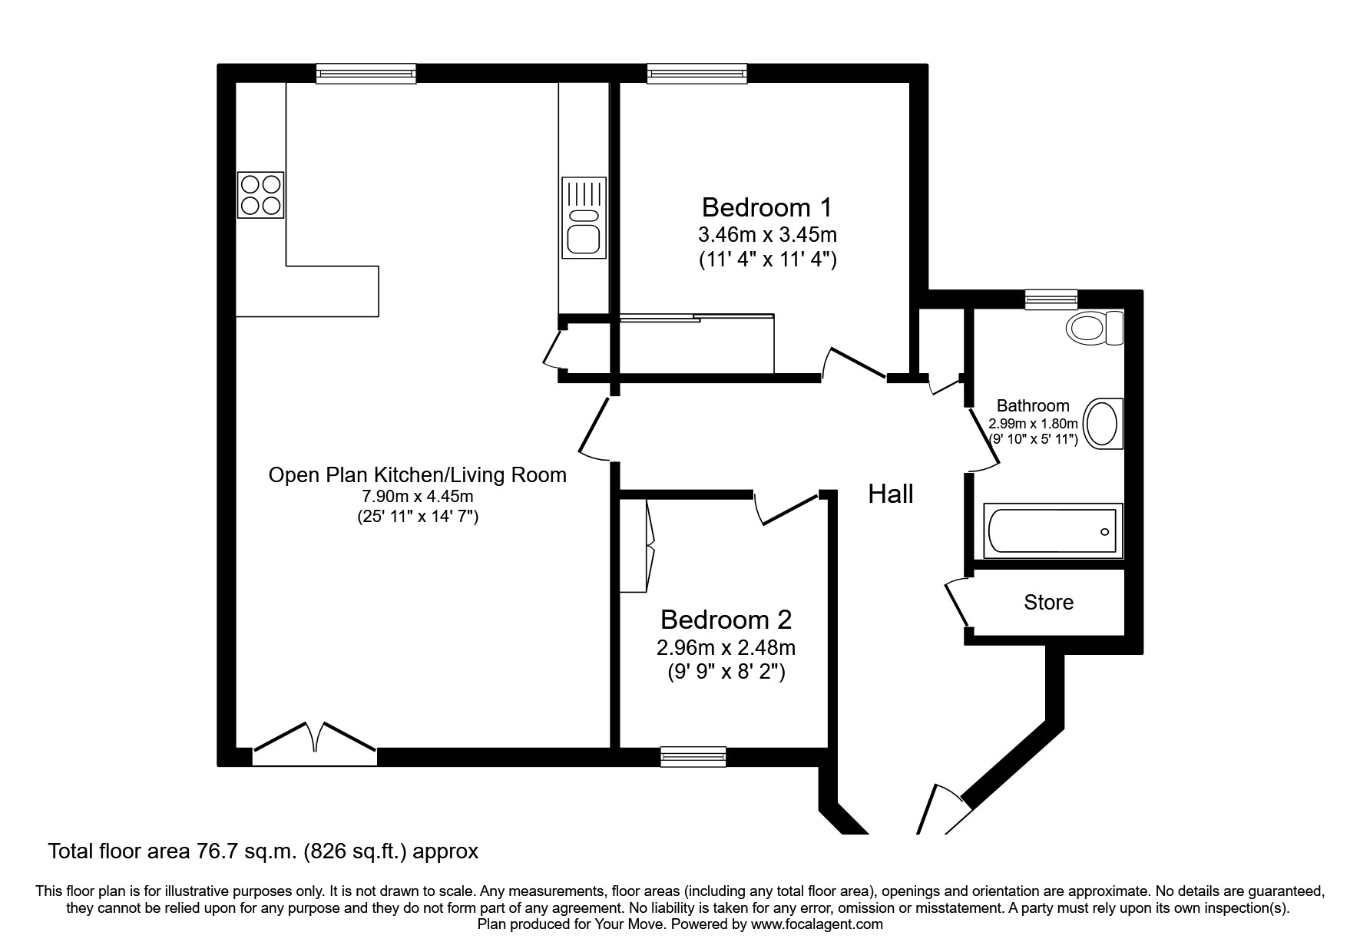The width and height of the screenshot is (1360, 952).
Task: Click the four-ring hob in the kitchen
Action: point(261,195)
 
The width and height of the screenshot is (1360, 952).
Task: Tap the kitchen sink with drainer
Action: point(584,218)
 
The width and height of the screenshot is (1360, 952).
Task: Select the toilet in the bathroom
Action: point(1094,329)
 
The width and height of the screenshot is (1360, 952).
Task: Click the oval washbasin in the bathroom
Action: point(1104,423)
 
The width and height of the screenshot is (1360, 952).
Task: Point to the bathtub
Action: point(1053,531)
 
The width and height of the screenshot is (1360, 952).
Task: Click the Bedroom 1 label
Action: point(766,207)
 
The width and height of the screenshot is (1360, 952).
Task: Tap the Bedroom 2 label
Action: point(726,619)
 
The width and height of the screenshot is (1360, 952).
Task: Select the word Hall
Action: point(890,494)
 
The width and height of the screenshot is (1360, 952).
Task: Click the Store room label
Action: point(1048,602)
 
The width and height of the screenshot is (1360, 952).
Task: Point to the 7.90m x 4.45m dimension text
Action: point(417,496)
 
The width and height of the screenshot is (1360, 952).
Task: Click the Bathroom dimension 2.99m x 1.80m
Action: point(1033,423)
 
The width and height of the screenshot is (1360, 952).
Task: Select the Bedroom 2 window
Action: point(693,756)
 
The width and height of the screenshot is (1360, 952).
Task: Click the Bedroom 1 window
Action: point(697,74)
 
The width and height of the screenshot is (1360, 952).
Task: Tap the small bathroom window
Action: point(1051,299)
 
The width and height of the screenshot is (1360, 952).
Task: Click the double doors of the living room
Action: point(315,742)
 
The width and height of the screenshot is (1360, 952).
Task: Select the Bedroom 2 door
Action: point(787,511)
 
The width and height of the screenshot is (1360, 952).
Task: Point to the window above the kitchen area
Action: point(366,74)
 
